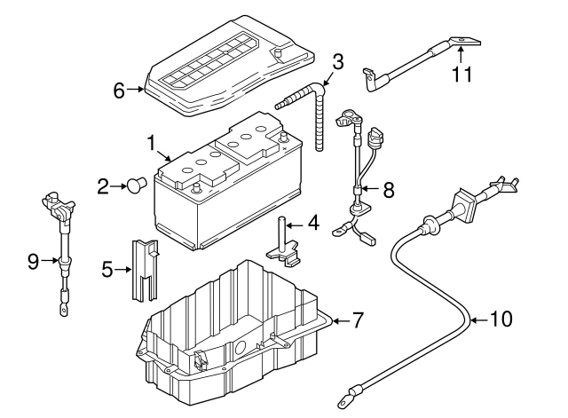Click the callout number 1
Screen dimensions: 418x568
pos(152,142)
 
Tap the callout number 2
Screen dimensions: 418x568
pos(103,186)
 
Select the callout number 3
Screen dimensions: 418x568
pos(337,61)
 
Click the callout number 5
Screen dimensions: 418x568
pos(107,267)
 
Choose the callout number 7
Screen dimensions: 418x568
pos(358,320)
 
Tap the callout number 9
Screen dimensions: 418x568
pos(33,261)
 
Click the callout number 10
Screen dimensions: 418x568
pos(501,319)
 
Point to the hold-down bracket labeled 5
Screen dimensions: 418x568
pos(144,269)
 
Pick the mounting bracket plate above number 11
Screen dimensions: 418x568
pos(467,41)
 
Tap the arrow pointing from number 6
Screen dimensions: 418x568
pos(136,88)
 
